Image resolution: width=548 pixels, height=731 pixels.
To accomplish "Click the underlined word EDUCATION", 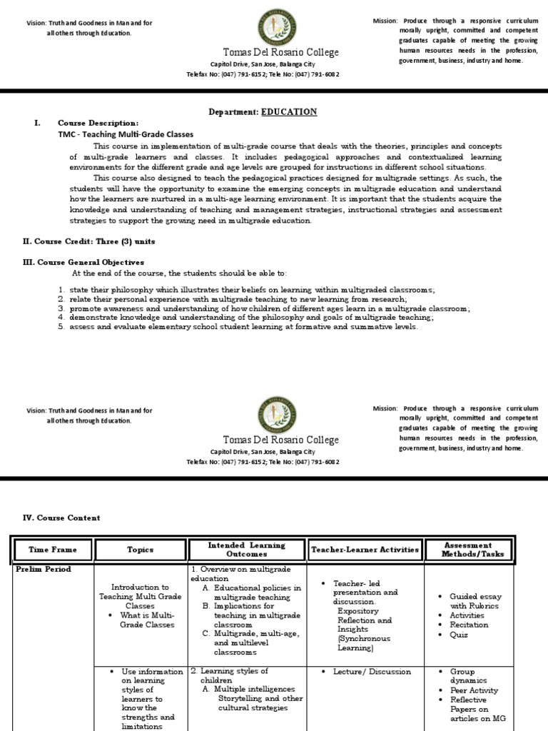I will pyautogui.click(x=289, y=112).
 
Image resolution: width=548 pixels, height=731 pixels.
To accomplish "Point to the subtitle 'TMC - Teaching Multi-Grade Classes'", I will pyautogui.click(x=126, y=134).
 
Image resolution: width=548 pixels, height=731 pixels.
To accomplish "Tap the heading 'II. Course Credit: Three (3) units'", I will pyautogui.click(x=89, y=242).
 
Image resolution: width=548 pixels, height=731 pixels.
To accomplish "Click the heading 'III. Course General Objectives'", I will pyautogui.click(x=83, y=262).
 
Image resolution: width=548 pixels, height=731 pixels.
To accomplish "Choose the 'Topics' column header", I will pyautogui.click(x=140, y=550).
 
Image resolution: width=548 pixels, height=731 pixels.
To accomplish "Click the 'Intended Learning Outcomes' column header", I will pyautogui.click(x=246, y=549).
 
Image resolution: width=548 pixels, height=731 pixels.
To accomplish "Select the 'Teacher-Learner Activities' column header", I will pyautogui.click(x=365, y=550).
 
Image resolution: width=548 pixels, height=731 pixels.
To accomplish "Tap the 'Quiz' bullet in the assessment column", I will pyautogui.click(x=459, y=634).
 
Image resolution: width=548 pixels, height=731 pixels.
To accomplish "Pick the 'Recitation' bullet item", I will pyautogui.click(x=469, y=625).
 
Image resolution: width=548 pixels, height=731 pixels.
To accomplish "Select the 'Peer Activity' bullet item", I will pyautogui.click(x=474, y=690).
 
